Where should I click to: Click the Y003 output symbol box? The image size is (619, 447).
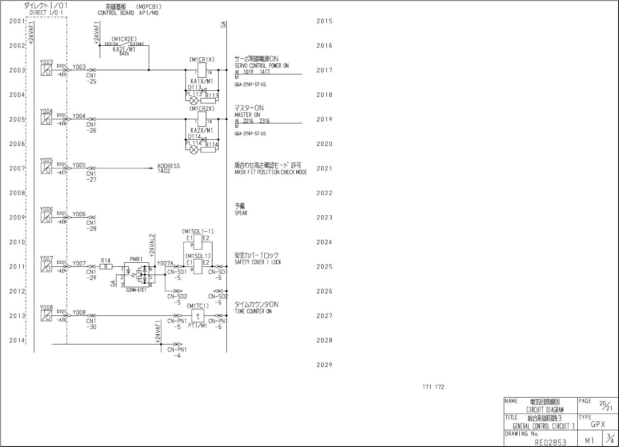point(46,70)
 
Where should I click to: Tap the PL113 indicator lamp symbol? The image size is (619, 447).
point(194,101)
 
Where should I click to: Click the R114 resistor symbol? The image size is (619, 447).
point(208,150)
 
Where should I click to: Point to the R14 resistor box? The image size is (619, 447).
point(106,266)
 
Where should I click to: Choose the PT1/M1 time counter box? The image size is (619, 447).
point(198,315)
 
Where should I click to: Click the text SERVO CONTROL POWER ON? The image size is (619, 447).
point(261,66)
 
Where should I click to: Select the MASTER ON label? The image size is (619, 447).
point(247,115)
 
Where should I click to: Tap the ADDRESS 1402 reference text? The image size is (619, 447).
point(168,168)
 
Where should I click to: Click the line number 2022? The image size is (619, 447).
point(324,193)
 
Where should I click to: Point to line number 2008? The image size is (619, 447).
point(17,193)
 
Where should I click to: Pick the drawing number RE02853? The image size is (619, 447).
point(550,442)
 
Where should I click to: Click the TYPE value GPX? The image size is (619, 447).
point(598,425)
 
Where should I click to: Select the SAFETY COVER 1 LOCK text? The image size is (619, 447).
point(258,262)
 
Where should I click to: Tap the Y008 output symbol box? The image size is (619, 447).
point(46,316)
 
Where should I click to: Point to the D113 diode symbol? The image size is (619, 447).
point(204,91)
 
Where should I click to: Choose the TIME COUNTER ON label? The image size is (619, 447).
point(253,311)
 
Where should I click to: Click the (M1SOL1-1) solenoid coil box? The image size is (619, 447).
point(198,242)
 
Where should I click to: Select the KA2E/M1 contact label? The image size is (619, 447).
point(124,49)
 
